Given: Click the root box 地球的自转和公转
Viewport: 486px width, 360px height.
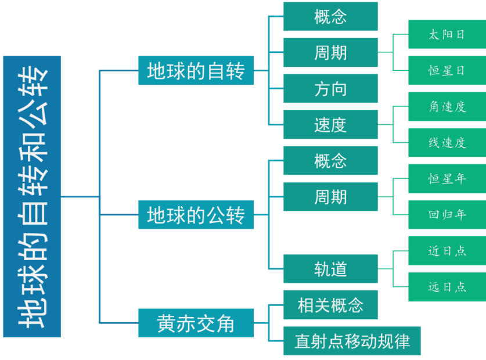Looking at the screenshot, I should [31, 196].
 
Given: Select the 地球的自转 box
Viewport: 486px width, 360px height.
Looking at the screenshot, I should [196, 71].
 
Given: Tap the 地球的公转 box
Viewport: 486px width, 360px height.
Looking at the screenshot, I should [196, 215].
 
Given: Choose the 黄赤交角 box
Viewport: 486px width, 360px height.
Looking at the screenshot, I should [196, 323].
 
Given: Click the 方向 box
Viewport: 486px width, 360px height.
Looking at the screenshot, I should [330, 89].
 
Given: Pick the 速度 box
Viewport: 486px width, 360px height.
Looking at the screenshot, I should [330, 125].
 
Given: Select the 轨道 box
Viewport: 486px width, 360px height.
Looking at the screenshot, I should [330, 269].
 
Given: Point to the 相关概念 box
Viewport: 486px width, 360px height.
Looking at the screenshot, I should [330, 305].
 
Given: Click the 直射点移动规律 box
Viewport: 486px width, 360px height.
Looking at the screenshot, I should [352, 341].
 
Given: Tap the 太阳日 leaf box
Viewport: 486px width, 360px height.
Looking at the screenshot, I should [447, 35].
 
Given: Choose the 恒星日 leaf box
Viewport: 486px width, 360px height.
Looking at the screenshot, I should [447, 71].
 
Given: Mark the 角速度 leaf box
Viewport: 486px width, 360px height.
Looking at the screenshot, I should [447, 107].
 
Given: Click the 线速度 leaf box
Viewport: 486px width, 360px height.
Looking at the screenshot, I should [447, 143].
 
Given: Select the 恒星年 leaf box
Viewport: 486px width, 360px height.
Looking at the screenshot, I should [447, 179].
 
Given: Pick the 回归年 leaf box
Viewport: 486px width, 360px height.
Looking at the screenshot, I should [447, 215].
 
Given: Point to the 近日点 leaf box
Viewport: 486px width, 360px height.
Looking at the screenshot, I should [447, 251].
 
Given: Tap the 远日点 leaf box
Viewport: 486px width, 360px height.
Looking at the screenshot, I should [447, 287].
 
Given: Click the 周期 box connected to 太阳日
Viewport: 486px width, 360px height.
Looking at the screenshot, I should [330, 53].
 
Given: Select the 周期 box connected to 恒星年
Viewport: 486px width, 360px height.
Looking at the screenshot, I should [330, 197].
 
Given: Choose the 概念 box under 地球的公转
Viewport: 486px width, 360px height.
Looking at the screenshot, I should [330, 161].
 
